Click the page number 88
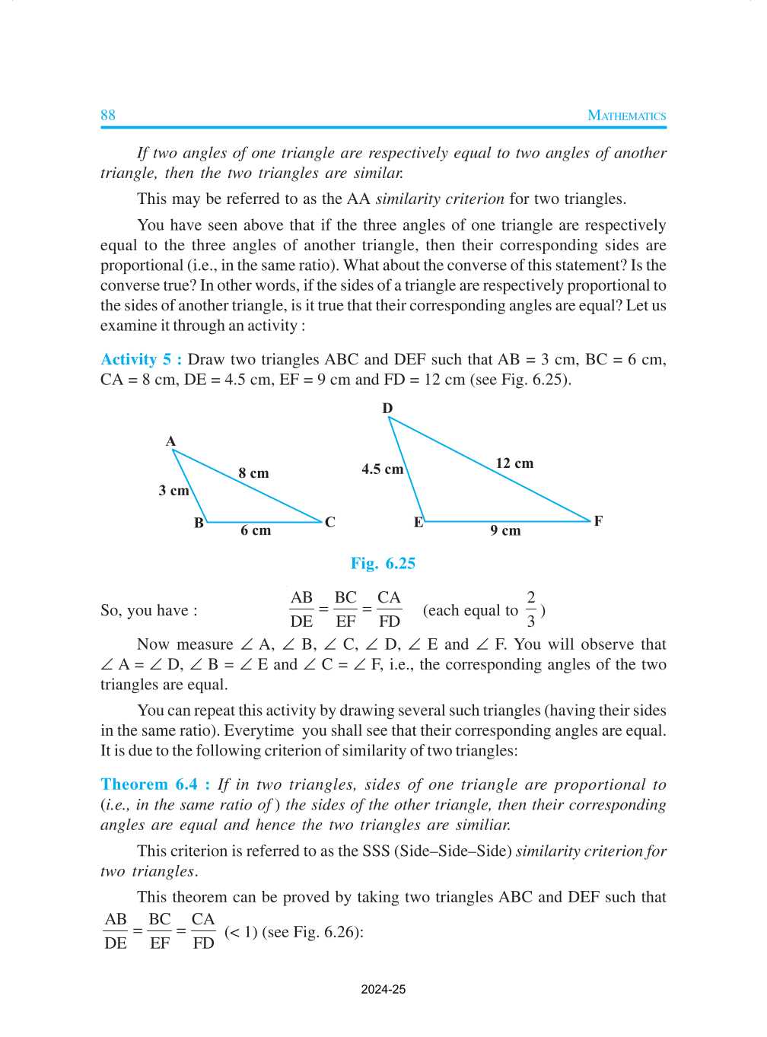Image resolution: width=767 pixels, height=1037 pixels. tap(108, 115)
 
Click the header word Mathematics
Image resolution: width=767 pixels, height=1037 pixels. tap(626, 116)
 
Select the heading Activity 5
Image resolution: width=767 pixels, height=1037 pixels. tap(141, 359)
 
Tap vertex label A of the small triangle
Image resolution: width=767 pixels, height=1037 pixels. tap(170, 441)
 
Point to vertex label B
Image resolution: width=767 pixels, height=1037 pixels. tap(199, 523)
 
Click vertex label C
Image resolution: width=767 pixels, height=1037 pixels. tap(329, 522)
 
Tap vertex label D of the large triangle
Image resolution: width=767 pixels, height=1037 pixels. tap(387, 409)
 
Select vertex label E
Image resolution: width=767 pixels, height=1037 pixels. tap(418, 522)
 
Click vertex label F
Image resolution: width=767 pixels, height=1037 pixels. tap(598, 521)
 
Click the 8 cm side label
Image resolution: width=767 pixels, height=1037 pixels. tap(253, 473)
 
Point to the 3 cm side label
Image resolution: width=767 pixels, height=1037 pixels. tap(173, 491)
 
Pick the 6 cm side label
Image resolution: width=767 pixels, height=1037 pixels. tap(256, 530)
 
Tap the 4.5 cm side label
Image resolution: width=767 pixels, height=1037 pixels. tap(382, 469)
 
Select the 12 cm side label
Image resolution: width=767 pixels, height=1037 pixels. tap(514, 463)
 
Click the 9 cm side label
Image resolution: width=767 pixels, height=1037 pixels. tap(505, 530)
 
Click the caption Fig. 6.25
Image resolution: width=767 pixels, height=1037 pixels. tap(383, 563)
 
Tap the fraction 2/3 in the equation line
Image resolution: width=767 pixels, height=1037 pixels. tap(530, 609)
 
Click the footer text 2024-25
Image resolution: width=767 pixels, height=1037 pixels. tap(383, 989)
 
